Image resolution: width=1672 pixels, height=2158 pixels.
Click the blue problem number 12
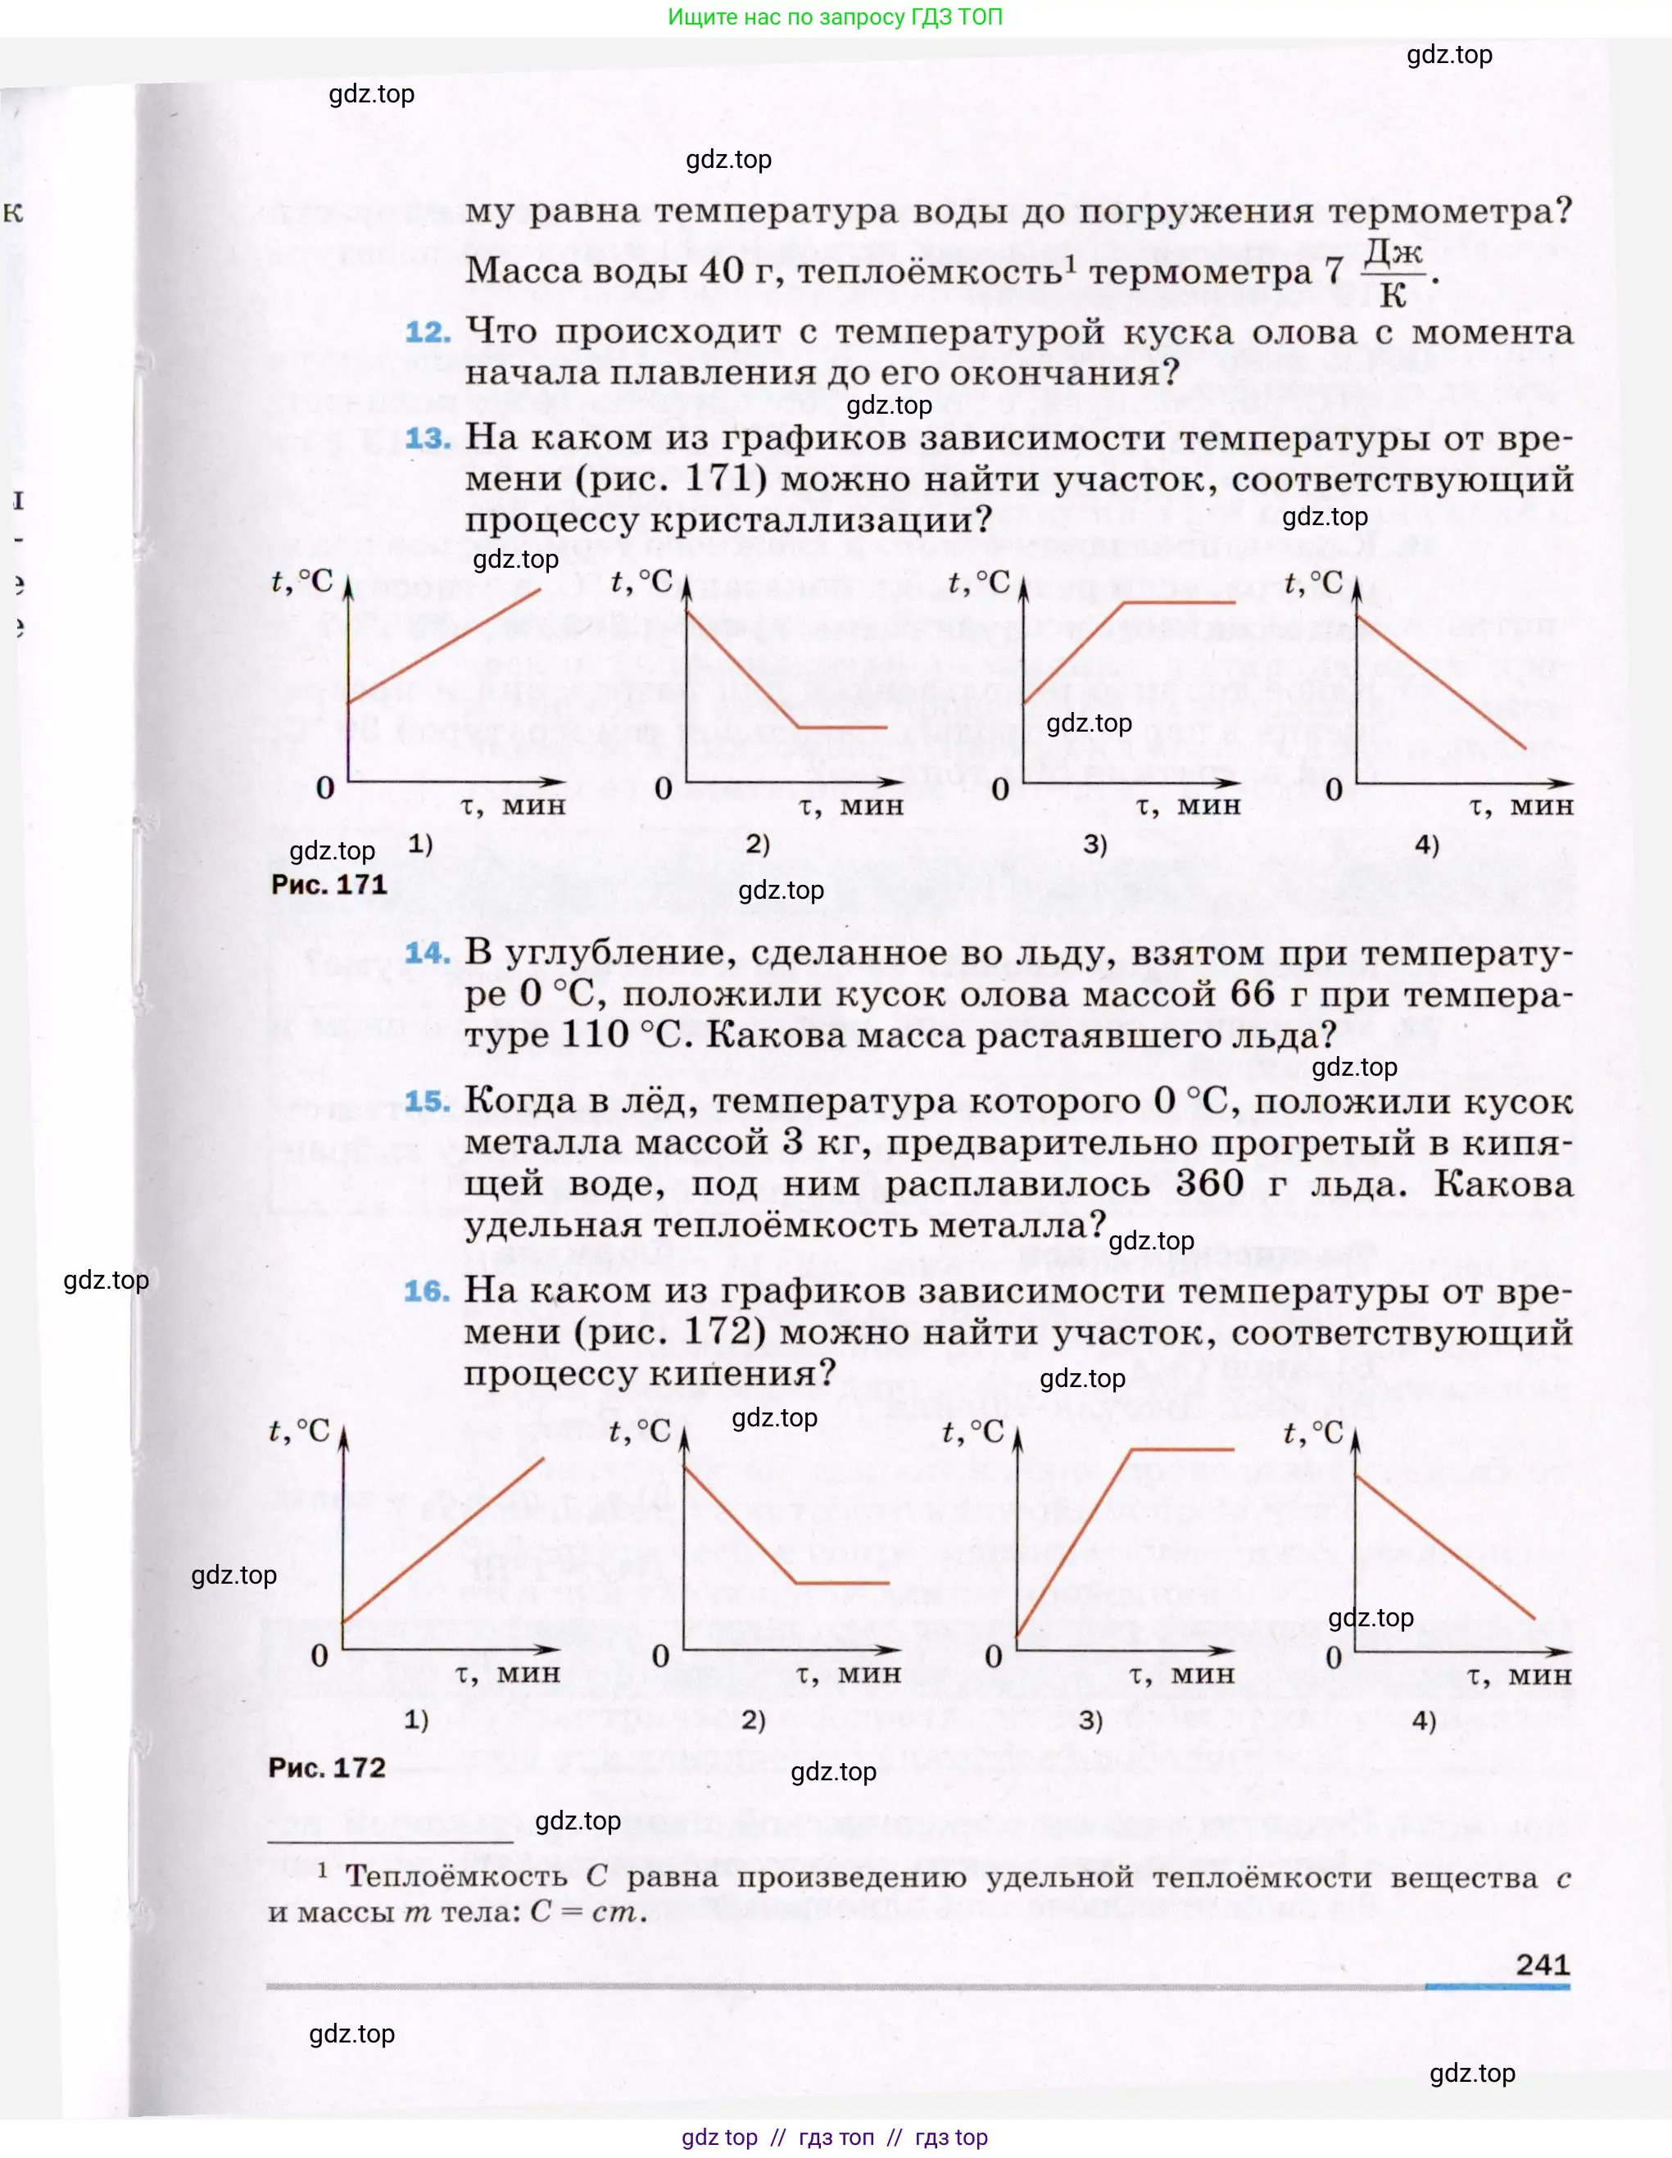(x=427, y=332)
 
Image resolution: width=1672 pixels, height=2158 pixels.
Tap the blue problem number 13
(x=427, y=437)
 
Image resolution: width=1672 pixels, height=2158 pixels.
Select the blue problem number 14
(x=427, y=953)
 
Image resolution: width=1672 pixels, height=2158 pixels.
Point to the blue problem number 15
(x=427, y=1101)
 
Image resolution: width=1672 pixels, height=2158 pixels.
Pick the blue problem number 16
(x=427, y=1290)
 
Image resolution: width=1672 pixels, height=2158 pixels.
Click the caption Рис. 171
(x=329, y=883)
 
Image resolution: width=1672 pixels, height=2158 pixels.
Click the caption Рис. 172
(x=327, y=1766)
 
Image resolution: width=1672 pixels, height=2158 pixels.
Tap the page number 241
(x=1543, y=1963)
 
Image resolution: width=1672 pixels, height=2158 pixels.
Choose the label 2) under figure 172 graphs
(x=754, y=1721)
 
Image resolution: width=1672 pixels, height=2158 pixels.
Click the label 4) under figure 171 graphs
(x=1427, y=844)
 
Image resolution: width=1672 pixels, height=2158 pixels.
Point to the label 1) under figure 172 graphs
(x=417, y=1721)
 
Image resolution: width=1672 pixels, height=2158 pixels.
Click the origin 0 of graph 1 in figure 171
(x=325, y=787)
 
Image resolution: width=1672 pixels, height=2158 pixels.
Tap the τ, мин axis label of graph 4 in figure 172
(x=1519, y=1675)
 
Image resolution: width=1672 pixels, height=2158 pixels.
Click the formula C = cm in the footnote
(x=587, y=1912)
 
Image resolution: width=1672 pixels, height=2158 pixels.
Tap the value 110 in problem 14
(x=595, y=1035)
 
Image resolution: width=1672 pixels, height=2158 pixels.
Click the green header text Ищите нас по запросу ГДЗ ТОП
(x=835, y=17)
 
